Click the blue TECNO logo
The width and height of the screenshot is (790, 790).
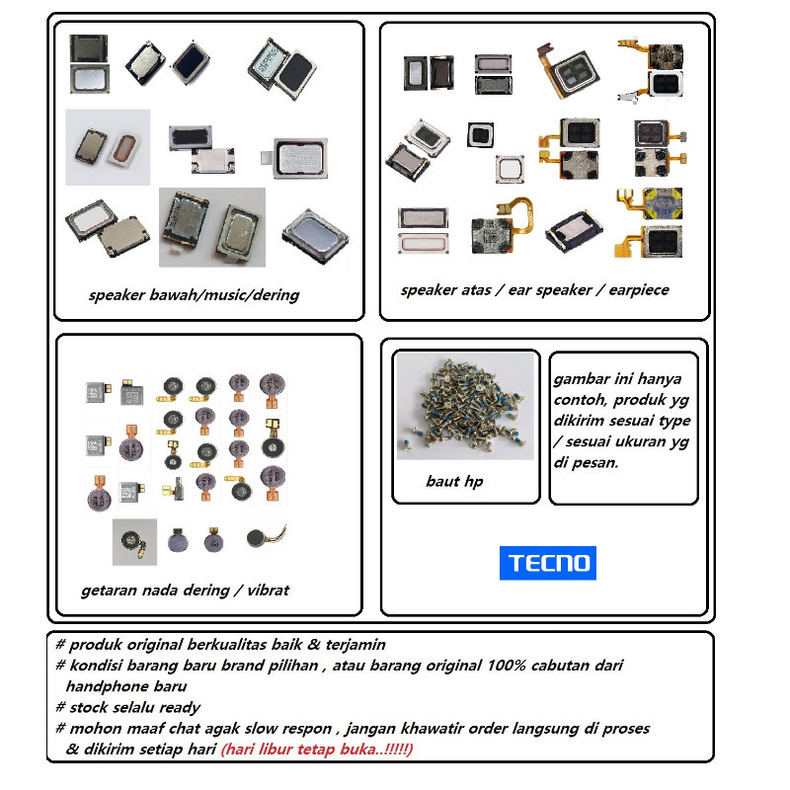tap(547, 563)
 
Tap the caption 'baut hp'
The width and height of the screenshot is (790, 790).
tap(454, 482)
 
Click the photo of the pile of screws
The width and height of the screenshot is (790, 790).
tap(464, 406)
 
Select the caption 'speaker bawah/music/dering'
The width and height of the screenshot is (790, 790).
tap(194, 294)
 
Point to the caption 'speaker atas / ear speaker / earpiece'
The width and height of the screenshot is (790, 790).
tap(534, 290)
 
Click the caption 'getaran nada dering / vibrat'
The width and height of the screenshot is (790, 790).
tap(185, 591)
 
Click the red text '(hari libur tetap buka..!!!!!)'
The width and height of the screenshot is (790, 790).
tap(317, 750)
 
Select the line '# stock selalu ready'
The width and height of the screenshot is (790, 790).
tap(128, 707)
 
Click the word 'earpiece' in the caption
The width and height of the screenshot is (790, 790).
tap(638, 290)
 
